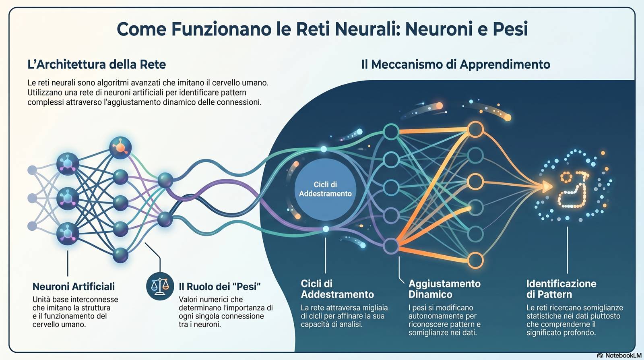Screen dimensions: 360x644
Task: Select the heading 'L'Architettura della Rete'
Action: click(x=97, y=64)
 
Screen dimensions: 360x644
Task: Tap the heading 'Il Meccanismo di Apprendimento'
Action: click(x=456, y=64)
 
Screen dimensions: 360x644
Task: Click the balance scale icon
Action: click(x=160, y=286)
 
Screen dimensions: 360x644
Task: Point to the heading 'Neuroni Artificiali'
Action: click(x=74, y=287)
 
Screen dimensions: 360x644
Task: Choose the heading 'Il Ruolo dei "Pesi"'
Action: click(x=220, y=287)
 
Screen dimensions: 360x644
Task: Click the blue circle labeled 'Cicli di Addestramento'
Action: click(x=325, y=189)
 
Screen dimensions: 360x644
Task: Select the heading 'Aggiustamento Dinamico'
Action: click(x=444, y=289)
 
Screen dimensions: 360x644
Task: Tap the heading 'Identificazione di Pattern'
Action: click(x=561, y=289)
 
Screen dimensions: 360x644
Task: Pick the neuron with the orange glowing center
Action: click(x=120, y=148)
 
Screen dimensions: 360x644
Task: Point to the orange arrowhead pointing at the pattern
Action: click(x=547, y=186)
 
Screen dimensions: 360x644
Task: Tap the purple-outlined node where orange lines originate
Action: click(x=391, y=246)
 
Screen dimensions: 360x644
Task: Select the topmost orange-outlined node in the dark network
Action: click(x=475, y=129)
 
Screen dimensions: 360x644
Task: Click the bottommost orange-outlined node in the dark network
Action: click(x=475, y=261)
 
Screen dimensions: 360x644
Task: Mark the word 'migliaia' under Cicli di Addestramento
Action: click(x=375, y=308)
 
